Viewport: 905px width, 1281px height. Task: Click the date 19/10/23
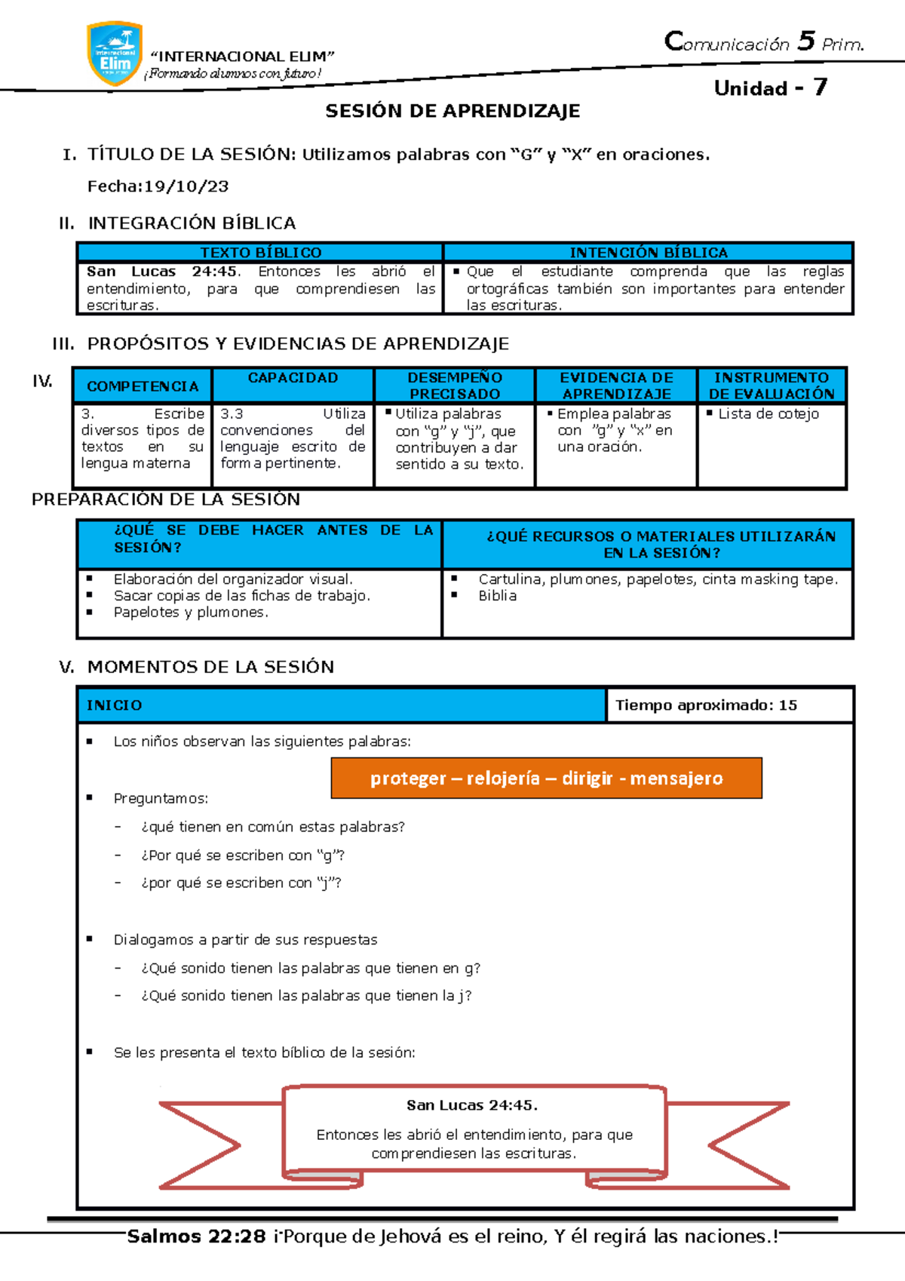pos(186,186)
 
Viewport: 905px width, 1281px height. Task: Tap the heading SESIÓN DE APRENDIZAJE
pos(452,111)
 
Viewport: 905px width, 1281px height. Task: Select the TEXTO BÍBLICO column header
pos(260,252)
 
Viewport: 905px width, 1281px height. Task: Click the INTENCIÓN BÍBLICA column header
pos(648,252)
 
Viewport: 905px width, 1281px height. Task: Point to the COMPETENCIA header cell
pos(143,386)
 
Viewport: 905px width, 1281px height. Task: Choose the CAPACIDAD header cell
pos(293,378)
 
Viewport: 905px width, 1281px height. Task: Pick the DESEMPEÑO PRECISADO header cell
pos(454,386)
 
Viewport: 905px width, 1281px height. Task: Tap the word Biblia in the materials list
pos(498,596)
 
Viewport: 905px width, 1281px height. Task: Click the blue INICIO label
pos(115,705)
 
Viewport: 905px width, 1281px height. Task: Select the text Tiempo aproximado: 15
pos(706,705)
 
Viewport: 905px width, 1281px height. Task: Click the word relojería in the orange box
pos(503,779)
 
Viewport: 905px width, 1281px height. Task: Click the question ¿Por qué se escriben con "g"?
pos(243,856)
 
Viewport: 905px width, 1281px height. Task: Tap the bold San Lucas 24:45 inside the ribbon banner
pos(471,1105)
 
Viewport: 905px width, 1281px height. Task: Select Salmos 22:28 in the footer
pos(196,1236)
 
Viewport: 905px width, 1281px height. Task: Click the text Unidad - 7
pos(770,88)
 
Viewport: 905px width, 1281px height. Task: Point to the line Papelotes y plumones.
pos(191,613)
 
